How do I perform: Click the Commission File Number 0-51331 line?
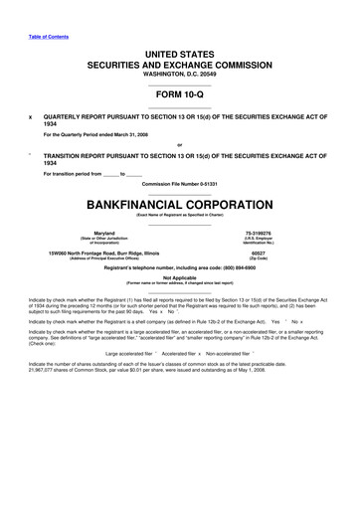179,185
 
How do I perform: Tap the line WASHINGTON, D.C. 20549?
179,75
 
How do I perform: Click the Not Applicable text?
179,277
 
